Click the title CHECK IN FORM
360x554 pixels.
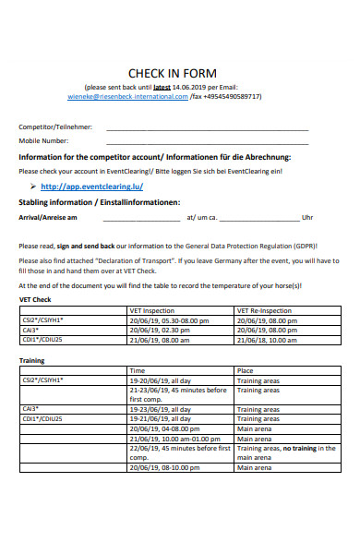pos(172,74)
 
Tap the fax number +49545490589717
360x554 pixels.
pos(228,96)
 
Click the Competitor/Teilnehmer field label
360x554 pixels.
pos(55,126)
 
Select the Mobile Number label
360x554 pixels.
pos(44,141)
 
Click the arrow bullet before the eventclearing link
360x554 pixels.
pos(33,186)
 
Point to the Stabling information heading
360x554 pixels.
pos(99,201)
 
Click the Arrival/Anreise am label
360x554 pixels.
pos(48,218)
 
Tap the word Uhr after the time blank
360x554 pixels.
pos(307,218)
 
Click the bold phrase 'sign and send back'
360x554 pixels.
pos(86,247)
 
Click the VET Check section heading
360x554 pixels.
pos(35,300)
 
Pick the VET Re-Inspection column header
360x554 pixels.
pos(264,311)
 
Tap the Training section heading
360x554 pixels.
pos(32,360)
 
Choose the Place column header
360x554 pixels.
pos(246,370)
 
